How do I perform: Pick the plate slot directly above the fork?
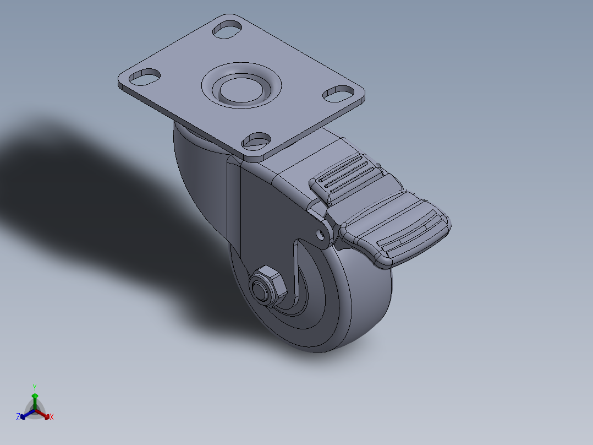click(256, 140)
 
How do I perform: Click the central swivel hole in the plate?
click(241, 88)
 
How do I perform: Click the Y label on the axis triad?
click(34, 387)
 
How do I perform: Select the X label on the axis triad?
click(52, 417)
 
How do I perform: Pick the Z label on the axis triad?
click(18, 417)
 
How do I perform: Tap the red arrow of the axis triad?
click(45, 415)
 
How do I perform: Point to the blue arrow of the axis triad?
click(24, 415)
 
